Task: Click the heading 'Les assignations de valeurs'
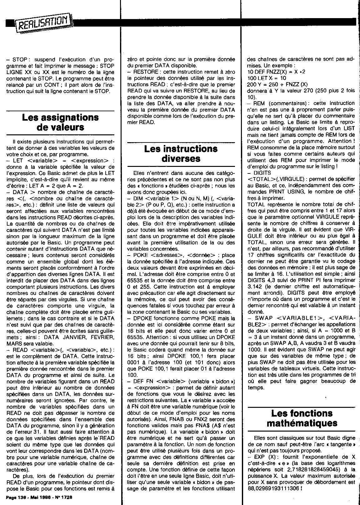[x=60, y=122]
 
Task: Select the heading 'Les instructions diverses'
[x=181, y=153]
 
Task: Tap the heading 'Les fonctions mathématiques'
[x=302, y=418]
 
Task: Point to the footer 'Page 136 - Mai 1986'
[x=39, y=497]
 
